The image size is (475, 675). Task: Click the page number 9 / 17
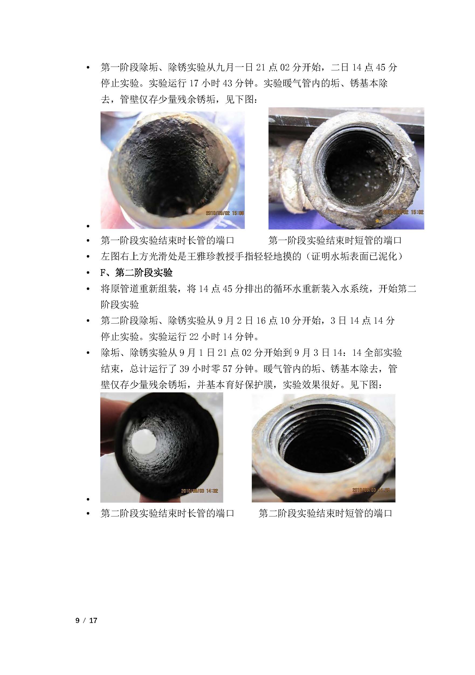coord(86,621)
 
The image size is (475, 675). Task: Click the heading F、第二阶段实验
coord(136,273)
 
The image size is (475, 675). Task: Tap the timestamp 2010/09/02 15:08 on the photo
coord(225,213)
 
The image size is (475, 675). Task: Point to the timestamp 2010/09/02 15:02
coord(403,212)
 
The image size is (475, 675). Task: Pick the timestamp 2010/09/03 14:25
coord(371,490)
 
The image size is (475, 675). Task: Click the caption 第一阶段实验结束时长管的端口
coord(167,241)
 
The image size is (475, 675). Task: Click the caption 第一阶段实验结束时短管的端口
coord(335,241)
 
